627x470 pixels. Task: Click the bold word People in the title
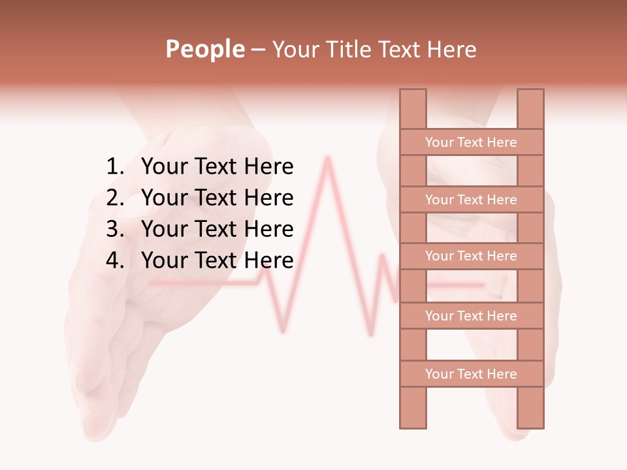coord(204,49)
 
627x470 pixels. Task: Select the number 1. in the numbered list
coord(114,167)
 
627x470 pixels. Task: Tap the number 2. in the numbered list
coord(114,198)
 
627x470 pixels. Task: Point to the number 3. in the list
coord(114,229)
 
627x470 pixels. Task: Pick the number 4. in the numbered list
coord(114,260)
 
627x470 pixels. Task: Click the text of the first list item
coord(217,167)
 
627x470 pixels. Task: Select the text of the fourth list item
coord(217,260)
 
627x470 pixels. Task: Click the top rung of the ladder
coord(471,142)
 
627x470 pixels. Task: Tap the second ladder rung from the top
coord(471,200)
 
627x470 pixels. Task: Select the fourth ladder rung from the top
coord(471,316)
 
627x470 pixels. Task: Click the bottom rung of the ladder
coord(471,374)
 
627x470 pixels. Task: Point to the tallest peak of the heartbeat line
coord(328,158)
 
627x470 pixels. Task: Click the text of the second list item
coord(217,198)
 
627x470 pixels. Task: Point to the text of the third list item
coord(217,229)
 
